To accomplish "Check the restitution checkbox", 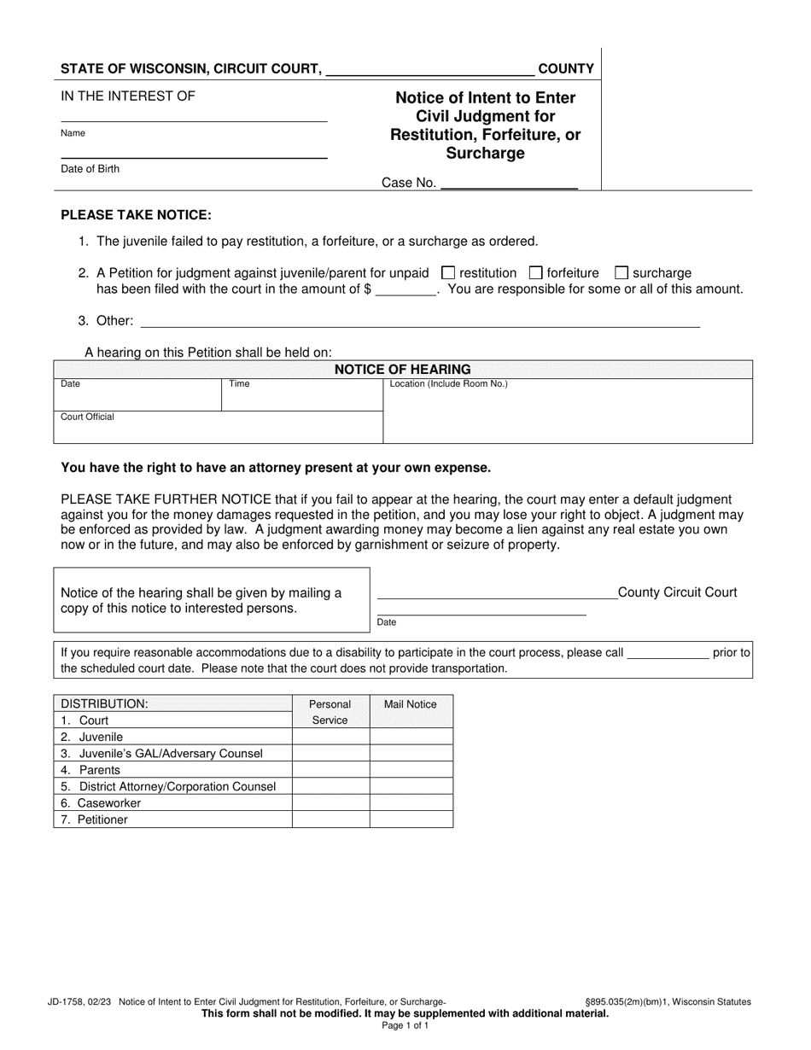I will click(447, 273).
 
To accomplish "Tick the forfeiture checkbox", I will click(536, 273).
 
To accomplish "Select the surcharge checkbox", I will click(621, 273).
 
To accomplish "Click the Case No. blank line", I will click(509, 183).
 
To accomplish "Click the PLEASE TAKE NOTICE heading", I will click(136, 216).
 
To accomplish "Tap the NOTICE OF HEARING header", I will click(402, 370).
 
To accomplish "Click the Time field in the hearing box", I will click(301, 397).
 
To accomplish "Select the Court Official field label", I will click(87, 417).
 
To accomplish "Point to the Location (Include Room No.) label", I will click(448, 384).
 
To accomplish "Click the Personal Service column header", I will click(330, 712).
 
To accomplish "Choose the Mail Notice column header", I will click(411, 704).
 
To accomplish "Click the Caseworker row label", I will click(109, 803).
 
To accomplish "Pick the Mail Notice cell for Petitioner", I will click(411, 820).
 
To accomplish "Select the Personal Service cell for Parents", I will click(330, 770).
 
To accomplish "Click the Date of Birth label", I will click(90, 169).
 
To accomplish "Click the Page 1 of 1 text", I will click(405, 1025).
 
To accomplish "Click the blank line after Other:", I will click(419, 322).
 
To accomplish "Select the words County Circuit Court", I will click(677, 592).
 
